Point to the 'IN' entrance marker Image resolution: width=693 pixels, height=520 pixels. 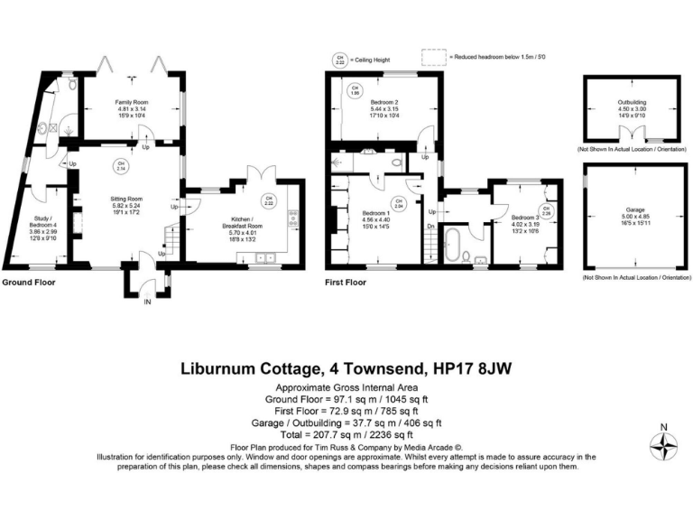[x=149, y=302]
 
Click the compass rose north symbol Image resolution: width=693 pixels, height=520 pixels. [x=666, y=444]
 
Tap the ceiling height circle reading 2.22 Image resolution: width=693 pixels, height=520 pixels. [x=268, y=200]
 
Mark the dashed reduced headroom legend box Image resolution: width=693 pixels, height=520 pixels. [x=435, y=57]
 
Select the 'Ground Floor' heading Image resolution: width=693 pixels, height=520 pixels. [x=28, y=282]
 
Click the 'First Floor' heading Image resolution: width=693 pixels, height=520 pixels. [x=345, y=282]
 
